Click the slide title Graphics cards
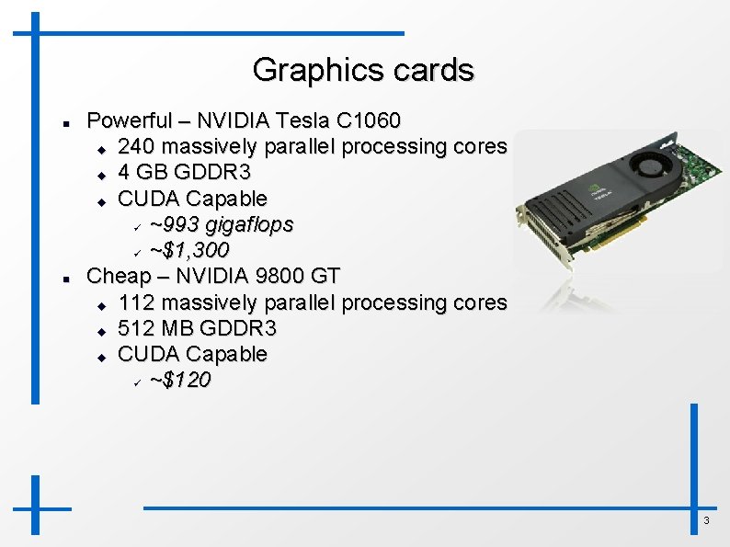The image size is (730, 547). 363,70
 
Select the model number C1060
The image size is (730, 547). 368,120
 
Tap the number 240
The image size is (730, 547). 137,146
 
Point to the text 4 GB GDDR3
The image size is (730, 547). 185,172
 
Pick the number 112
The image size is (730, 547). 136,302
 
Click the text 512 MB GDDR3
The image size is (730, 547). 198,328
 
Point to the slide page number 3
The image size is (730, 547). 706,521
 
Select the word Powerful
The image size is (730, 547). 129,120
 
